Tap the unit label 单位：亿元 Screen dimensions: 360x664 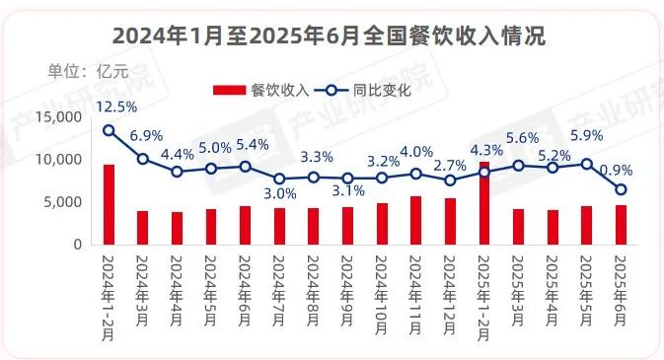[82, 71]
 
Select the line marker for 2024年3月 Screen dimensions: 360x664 [143, 159]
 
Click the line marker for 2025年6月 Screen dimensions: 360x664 [621, 189]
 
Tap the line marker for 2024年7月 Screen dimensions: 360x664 [279, 180]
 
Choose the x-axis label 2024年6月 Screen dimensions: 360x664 [246, 285]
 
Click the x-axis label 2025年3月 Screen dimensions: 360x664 [519, 285]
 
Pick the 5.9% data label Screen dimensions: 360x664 [586, 136]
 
